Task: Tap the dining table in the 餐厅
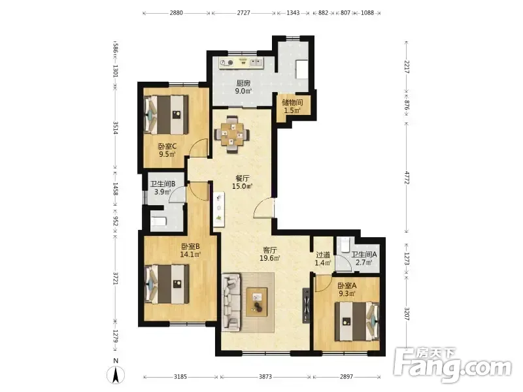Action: [x=232, y=135]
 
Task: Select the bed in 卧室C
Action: [x=166, y=115]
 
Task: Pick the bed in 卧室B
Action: [x=167, y=284]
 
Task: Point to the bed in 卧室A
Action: [x=357, y=321]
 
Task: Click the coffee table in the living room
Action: [x=256, y=302]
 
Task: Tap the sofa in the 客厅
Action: [x=231, y=302]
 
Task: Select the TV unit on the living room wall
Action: [x=306, y=305]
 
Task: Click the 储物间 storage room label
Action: [x=292, y=103]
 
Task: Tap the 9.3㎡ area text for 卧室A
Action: [x=347, y=293]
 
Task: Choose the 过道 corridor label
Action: [x=323, y=255]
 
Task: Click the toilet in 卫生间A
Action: [x=345, y=244]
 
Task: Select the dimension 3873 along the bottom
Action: [x=265, y=377]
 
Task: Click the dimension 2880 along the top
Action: [x=176, y=13]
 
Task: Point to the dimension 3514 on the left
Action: [x=115, y=127]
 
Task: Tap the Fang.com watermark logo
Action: [x=452, y=367]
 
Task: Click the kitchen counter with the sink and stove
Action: [x=241, y=62]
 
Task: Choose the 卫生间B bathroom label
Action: [x=163, y=184]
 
